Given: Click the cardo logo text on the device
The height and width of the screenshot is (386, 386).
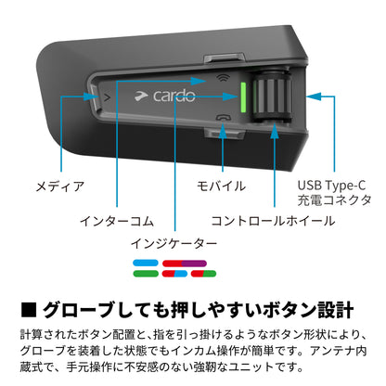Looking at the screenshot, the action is tap(174, 96).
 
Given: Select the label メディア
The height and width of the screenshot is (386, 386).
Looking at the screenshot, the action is tap(60, 187).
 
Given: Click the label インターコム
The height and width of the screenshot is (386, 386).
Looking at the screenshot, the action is tap(117, 221).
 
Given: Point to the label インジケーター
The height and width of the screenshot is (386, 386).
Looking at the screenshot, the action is tap(174, 244).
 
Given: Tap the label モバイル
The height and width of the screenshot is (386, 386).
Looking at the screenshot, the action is tap(221, 187).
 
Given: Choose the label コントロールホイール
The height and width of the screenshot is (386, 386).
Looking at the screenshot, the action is tap(273, 221).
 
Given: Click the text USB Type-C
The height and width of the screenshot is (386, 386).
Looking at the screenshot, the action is tap(331, 186).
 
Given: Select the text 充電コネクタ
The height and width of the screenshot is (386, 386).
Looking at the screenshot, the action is tap(334, 200).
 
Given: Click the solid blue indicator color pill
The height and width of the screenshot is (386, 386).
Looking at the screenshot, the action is tap(146, 264).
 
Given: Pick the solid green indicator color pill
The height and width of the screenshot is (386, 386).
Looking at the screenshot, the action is tap(146, 274).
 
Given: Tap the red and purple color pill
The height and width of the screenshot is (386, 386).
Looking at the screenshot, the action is tap(185, 264).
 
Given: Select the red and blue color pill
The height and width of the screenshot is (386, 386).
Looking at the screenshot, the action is tap(174, 274).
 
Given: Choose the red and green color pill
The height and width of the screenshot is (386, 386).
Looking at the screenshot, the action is tap(203, 274).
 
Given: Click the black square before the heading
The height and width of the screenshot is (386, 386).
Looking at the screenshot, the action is tap(29, 310).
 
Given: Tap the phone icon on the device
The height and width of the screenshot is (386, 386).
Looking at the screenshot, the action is tap(224, 118).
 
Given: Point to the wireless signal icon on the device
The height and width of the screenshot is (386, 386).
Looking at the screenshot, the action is tap(223, 77).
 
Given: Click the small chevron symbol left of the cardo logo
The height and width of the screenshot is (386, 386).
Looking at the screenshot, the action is tap(108, 97).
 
